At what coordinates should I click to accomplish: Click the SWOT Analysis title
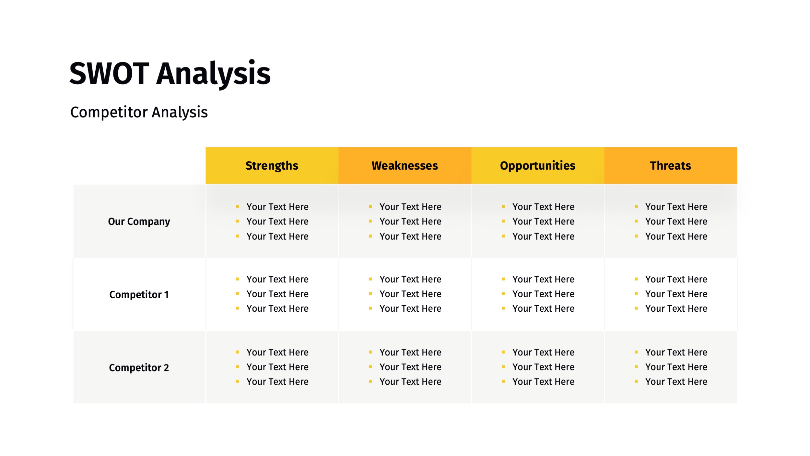(170, 74)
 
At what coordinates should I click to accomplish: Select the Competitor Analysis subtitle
(139, 113)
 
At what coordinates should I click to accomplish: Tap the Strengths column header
(272, 166)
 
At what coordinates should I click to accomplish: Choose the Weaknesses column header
(405, 166)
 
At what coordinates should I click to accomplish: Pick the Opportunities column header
(537, 166)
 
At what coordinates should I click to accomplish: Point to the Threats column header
(670, 166)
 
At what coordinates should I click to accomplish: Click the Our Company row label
(139, 222)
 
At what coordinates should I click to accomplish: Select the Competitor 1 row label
(139, 294)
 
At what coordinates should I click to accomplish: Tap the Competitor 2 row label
(139, 367)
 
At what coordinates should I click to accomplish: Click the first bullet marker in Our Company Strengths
(237, 206)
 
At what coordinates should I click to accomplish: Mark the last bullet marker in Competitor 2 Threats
(636, 381)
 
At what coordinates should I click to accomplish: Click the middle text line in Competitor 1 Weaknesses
(410, 294)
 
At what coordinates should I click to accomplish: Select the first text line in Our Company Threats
(676, 207)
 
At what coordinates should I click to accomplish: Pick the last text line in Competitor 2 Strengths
(277, 381)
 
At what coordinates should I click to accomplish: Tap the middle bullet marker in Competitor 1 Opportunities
(503, 294)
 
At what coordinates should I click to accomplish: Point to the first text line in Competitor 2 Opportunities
(543, 352)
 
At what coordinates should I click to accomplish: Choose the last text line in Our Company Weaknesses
(410, 236)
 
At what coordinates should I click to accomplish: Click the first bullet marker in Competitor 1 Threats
(636, 279)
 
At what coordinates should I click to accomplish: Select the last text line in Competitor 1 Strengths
(277, 308)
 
